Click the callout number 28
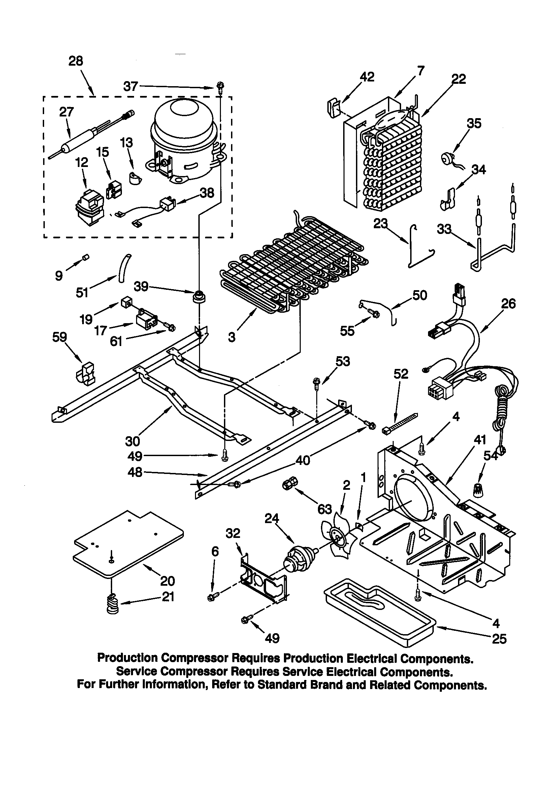click(76, 61)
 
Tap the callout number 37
click(130, 87)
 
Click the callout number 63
click(324, 509)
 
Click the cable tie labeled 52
click(400, 424)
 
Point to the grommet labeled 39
click(199, 297)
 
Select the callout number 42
click(367, 77)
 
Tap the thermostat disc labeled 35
click(446, 157)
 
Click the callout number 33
click(444, 229)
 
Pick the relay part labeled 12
click(89, 208)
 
